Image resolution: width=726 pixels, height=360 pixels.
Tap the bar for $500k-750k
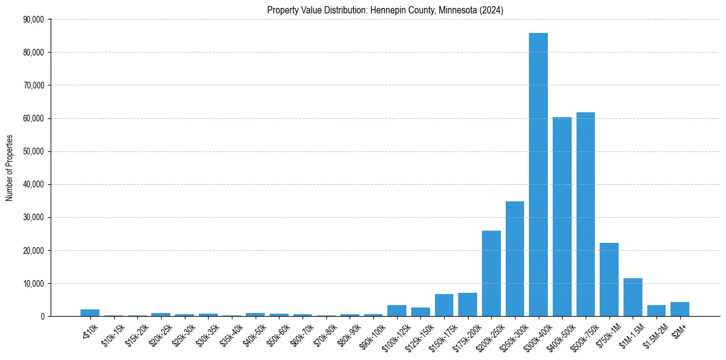586,214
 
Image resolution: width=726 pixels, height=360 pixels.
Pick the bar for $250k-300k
514,259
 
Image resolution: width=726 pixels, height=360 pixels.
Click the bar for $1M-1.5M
633,297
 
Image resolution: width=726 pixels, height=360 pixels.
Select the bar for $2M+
680,309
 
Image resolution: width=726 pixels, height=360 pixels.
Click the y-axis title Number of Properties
10,168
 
